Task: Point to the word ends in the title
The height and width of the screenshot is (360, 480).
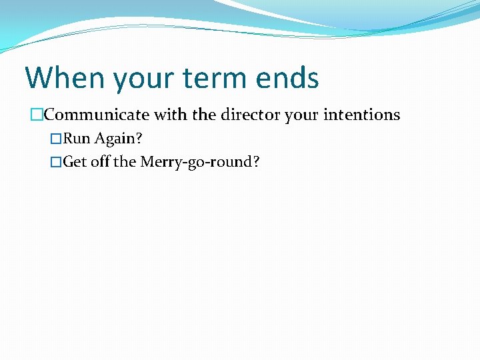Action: pyautogui.click(x=290, y=78)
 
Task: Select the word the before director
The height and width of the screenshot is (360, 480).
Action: pyautogui.click(x=204, y=115)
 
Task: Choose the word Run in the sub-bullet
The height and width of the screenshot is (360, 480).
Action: pyautogui.click(x=77, y=139)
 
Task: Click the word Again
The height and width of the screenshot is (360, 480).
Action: pyautogui.click(x=117, y=140)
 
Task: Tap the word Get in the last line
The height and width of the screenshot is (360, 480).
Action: pyautogui.click(x=75, y=162)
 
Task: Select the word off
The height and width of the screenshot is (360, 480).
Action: pyautogui.click(x=100, y=162)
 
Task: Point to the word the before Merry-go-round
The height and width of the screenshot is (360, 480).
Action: pyautogui.click(x=125, y=162)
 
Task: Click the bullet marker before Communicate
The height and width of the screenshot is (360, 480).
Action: pyautogui.click(x=36, y=115)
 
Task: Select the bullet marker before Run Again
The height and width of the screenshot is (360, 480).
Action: pyautogui.click(x=56, y=139)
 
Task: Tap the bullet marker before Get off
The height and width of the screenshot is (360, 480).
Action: pyautogui.click(x=56, y=162)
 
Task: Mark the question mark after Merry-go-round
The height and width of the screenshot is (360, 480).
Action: pyautogui.click(x=255, y=162)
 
